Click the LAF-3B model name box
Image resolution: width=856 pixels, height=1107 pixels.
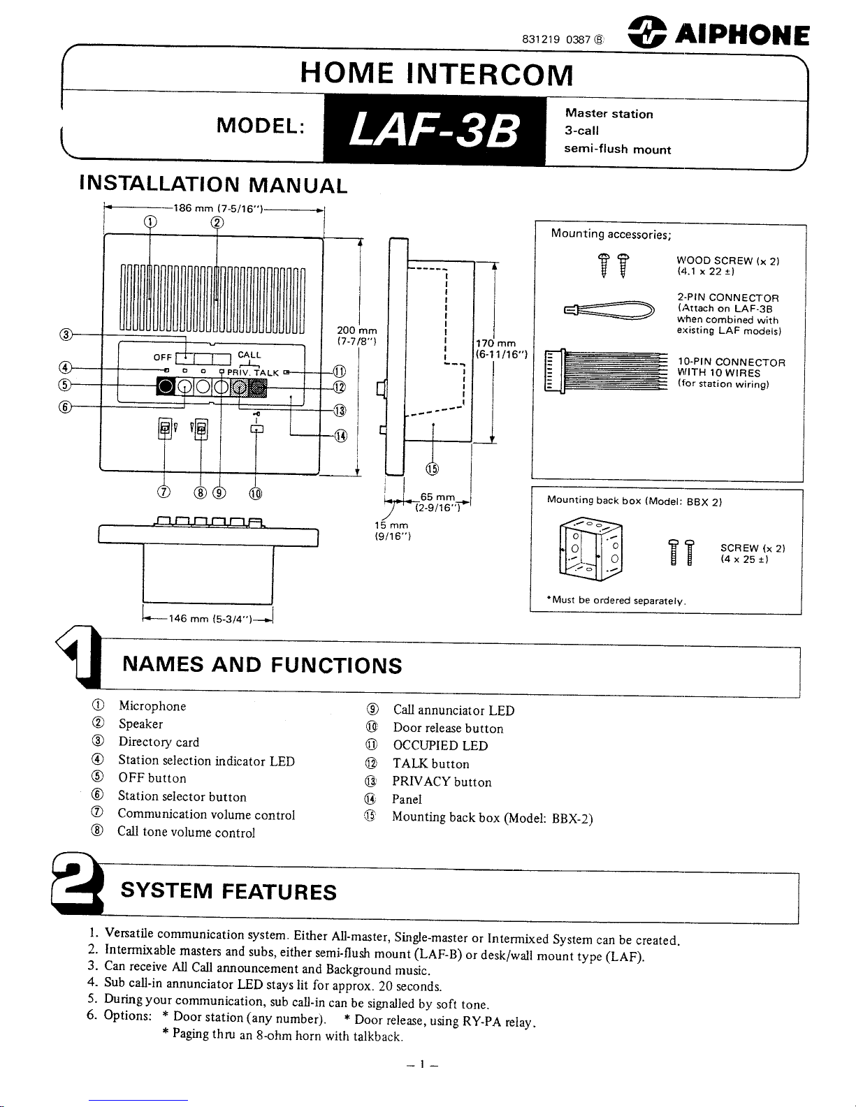[x=434, y=131]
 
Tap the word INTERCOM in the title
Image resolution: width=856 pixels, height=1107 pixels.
[x=490, y=74]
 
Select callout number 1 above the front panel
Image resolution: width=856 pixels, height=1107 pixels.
[x=149, y=223]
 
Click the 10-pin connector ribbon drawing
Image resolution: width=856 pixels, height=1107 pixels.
[x=606, y=372]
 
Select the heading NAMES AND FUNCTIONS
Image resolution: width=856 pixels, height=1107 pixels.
[x=262, y=664]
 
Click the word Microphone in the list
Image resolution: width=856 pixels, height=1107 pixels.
[x=152, y=706]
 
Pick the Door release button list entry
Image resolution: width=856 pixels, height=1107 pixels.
[x=448, y=728]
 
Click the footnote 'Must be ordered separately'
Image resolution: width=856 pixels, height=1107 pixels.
[x=617, y=601]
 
